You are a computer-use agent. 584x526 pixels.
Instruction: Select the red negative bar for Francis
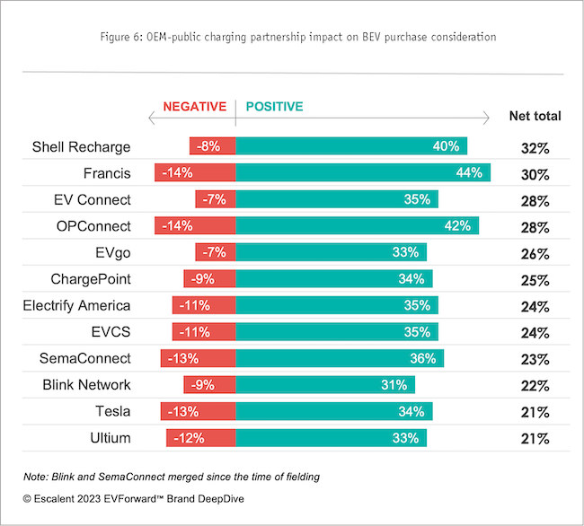[195, 172]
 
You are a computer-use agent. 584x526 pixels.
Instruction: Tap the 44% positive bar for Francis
[363, 172]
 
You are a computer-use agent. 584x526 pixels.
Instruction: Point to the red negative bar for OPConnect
[195, 225]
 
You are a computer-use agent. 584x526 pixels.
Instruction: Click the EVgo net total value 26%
[535, 254]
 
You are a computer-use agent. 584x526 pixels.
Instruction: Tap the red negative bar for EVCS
[204, 332]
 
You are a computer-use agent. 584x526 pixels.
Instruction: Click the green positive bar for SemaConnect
[340, 358]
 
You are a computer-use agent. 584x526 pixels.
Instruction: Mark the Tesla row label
[111, 411]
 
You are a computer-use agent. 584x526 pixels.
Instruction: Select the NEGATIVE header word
[194, 107]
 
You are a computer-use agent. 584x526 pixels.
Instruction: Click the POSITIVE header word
[274, 107]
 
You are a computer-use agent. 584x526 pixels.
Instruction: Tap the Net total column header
[535, 116]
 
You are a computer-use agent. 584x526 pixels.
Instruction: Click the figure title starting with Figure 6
[292, 37]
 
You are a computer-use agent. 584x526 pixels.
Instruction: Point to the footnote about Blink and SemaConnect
[171, 476]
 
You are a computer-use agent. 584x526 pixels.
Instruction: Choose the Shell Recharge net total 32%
[535, 148]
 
